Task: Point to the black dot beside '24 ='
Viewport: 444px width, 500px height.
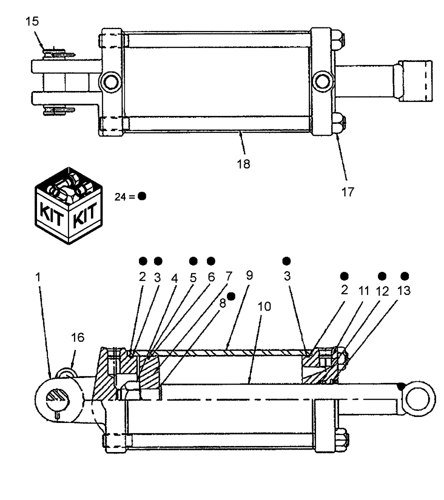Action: pos(142,196)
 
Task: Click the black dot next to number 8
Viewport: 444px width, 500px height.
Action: pos(231,296)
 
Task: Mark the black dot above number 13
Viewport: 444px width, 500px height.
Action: pos(405,275)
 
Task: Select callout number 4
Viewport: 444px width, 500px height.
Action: pos(174,276)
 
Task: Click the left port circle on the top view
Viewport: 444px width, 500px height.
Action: pos(109,80)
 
